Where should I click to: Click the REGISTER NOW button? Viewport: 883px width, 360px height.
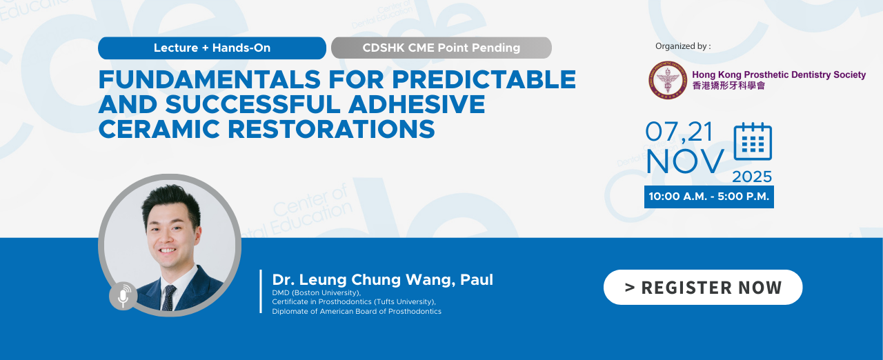coord(703,287)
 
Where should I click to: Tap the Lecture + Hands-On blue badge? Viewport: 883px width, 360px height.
coord(212,48)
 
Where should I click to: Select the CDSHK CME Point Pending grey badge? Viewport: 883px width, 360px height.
coord(441,48)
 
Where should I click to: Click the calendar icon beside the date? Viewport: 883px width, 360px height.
coord(753,141)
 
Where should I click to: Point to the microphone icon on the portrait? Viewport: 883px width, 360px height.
coord(123,296)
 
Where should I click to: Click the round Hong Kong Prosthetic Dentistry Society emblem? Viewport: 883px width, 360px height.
coord(668,80)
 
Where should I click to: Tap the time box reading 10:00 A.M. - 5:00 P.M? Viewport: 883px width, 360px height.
coord(708,197)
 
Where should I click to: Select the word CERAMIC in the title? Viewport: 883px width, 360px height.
coord(159,129)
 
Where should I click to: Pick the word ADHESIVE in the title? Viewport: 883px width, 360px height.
coord(417,104)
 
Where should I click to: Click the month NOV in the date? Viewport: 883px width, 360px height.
coord(685,161)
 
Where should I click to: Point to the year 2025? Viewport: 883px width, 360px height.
coord(752,177)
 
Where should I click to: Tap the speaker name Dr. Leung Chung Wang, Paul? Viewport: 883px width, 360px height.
coord(382,279)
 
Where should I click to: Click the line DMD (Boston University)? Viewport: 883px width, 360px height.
coord(317,292)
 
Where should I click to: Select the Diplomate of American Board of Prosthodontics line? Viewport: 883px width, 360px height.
coord(357,311)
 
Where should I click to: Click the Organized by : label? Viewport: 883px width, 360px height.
coord(683,46)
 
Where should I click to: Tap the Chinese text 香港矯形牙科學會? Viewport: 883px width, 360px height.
coord(728,86)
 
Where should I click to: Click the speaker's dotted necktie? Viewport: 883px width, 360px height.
coord(169,298)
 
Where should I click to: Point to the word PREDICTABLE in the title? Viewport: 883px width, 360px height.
coord(484,79)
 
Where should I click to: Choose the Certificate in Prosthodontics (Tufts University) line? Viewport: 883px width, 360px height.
coord(354,301)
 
